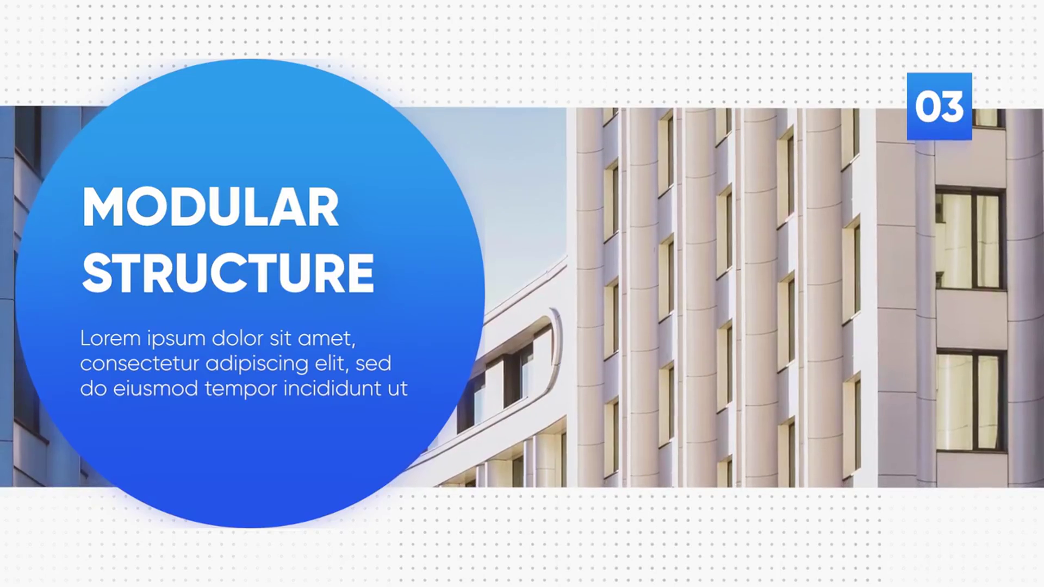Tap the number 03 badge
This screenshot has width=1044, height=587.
[939, 107]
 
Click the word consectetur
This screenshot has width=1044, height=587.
[139, 364]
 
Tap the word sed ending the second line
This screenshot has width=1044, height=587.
[374, 364]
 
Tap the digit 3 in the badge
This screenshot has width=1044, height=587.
[952, 107]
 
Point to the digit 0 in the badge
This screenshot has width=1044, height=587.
[927, 107]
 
